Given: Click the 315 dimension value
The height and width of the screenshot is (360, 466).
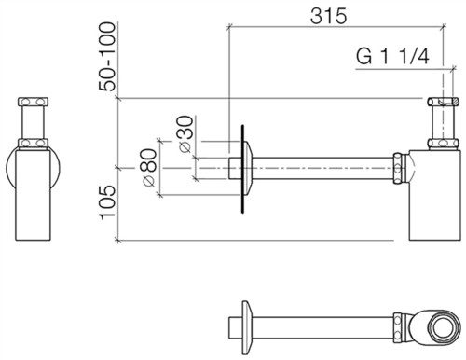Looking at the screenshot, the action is pyautogui.click(x=328, y=16).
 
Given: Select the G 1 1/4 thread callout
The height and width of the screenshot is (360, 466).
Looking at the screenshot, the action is pyautogui.click(x=392, y=57).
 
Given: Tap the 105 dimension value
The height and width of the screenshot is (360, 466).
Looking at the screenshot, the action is pyautogui.click(x=107, y=202).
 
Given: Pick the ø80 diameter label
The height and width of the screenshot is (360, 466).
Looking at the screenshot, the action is pyautogui.click(x=148, y=168).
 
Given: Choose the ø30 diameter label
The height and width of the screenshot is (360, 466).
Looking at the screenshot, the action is pyautogui.click(x=185, y=134).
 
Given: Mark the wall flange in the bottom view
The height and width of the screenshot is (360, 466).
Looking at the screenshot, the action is pyautogui.click(x=246, y=327).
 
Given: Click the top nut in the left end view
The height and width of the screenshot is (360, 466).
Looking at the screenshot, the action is pyautogui.click(x=33, y=102).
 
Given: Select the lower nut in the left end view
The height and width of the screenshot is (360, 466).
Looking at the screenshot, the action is pyautogui.click(x=33, y=143).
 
